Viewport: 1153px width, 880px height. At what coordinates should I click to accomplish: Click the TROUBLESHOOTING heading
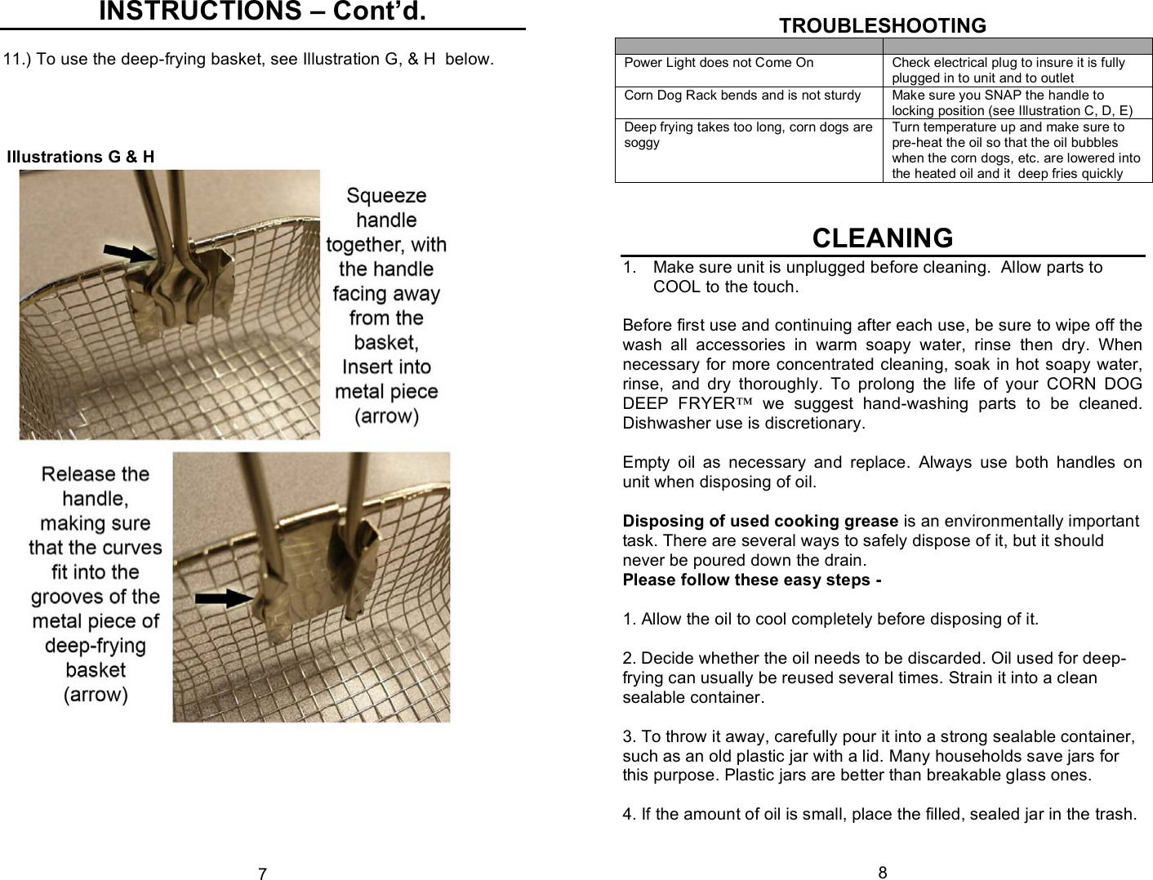coord(882,25)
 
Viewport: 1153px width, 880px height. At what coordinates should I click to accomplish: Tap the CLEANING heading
coord(882,238)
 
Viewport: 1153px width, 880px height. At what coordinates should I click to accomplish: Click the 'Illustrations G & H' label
coord(80,157)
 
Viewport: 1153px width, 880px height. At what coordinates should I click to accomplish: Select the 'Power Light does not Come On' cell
coord(719,63)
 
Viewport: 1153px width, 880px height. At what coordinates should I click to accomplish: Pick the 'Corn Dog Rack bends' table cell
coord(742,96)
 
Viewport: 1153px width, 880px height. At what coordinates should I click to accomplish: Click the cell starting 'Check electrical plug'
coord(1008,70)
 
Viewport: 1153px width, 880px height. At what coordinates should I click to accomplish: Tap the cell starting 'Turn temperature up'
coord(1016,150)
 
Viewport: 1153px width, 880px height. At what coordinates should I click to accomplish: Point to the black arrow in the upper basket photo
coord(128,253)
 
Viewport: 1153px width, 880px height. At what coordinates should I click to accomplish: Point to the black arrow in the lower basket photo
coord(224,598)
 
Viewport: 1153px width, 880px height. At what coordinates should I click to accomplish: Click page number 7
coord(262,874)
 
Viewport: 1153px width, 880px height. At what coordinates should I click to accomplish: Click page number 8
coord(882,873)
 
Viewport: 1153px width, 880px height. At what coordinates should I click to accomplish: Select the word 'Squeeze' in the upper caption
coord(386,196)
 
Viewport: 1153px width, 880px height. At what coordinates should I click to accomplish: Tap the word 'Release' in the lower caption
coord(95,474)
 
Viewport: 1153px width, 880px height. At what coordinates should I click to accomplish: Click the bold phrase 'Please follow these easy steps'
coord(751,580)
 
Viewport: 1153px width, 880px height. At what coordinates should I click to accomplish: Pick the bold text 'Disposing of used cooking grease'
coord(759,522)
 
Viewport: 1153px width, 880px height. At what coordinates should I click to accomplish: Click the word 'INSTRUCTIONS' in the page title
coord(199,11)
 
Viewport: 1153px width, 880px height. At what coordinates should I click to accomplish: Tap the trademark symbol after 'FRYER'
coord(744,403)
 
